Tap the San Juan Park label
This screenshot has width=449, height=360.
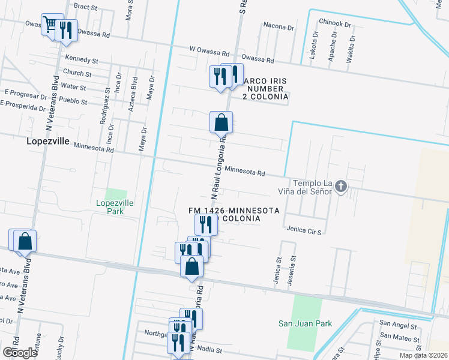point(305,323)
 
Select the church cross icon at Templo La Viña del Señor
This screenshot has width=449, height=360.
point(341,187)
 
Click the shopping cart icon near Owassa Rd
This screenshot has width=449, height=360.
point(50,24)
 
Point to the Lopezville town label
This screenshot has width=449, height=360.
point(48,142)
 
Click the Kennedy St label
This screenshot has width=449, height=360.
point(81,61)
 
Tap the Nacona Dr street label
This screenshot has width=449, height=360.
point(279,26)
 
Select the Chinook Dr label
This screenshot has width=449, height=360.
point(335,23)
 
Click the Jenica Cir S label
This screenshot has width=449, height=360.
point(304,230)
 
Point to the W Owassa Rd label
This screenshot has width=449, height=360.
point(209,53)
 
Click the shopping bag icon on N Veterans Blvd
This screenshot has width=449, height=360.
point(25,241)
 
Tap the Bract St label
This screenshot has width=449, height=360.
point(85,7)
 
